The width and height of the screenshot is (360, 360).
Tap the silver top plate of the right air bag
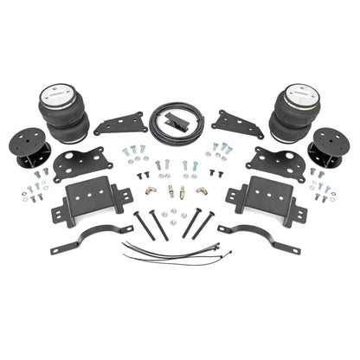300,90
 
